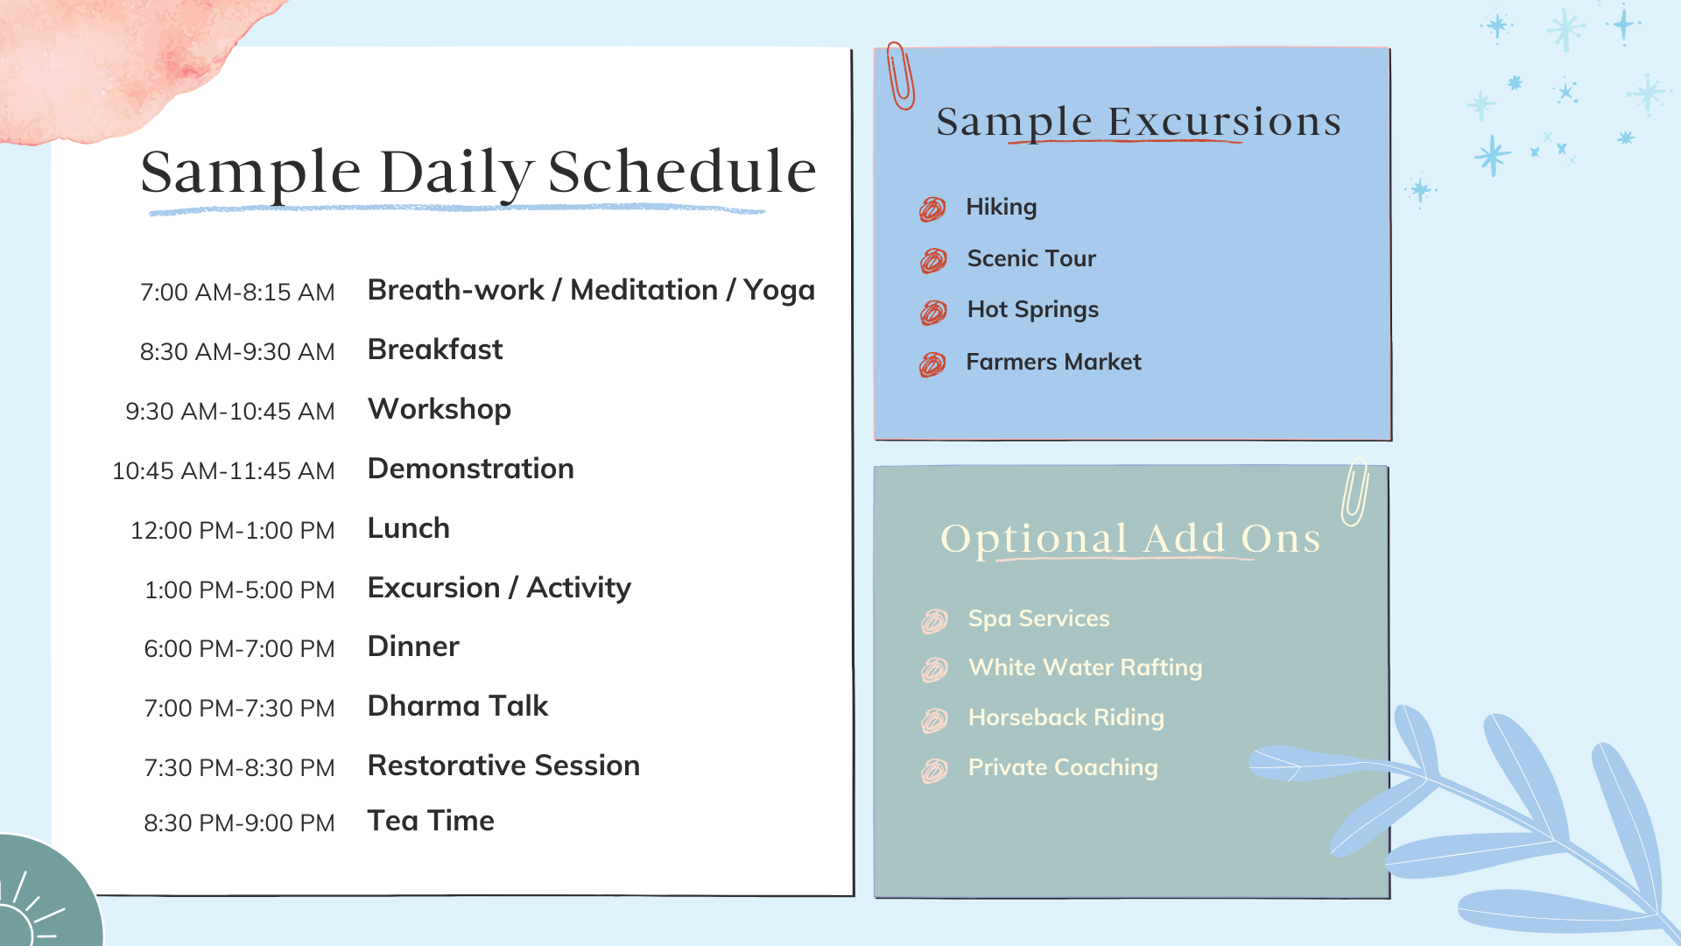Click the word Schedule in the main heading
682,172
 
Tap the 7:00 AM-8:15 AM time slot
237,293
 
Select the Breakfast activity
435,349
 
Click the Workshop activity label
440,410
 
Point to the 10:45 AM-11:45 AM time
223,471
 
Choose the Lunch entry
409,528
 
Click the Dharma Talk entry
458,706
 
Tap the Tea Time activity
431,821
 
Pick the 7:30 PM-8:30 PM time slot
239,768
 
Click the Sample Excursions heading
1138,122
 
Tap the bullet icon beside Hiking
932,208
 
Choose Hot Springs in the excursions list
1033,310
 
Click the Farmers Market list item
1053,362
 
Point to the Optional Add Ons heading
1130,539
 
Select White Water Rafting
1086,668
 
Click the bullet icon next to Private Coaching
934,771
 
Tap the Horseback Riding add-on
1066,718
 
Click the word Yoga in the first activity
779,292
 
